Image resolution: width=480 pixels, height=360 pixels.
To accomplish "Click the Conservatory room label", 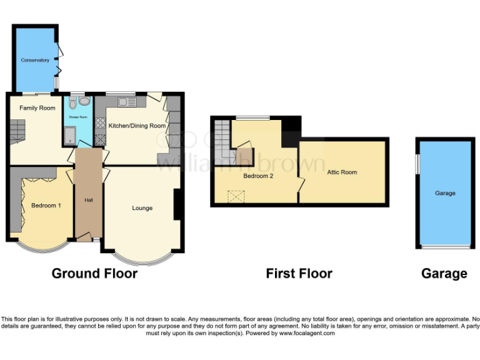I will (x=34, y=60).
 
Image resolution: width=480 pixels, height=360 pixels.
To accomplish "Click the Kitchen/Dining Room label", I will (x=137, y=126).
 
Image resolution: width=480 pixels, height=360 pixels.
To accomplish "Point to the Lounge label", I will (x=142, y=208).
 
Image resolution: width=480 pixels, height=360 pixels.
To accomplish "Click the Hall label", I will (x=89, y=200).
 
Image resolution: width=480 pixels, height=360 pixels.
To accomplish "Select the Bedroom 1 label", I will (x=46, y=206).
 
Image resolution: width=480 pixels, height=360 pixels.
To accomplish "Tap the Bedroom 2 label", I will (x=258, y=176).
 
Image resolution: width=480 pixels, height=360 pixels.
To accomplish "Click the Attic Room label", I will (x=342, y=172).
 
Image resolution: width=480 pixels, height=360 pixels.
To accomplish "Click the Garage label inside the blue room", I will (x=445, y=193).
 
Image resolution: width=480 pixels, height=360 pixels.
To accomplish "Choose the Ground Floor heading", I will (x=94, y=273).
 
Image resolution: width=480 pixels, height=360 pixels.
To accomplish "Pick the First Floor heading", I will (x=299, y=273).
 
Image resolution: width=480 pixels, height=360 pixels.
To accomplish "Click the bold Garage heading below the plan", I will (x=444, y=273).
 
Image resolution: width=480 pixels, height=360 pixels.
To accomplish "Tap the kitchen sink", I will (x=127, y=102).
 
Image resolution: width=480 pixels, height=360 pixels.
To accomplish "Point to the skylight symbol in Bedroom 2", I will (x=236, y=197).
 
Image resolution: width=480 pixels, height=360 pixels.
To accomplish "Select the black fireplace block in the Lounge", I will (x=177, y=204).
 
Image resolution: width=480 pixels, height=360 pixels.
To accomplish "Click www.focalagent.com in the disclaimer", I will (x=306, y=333).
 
